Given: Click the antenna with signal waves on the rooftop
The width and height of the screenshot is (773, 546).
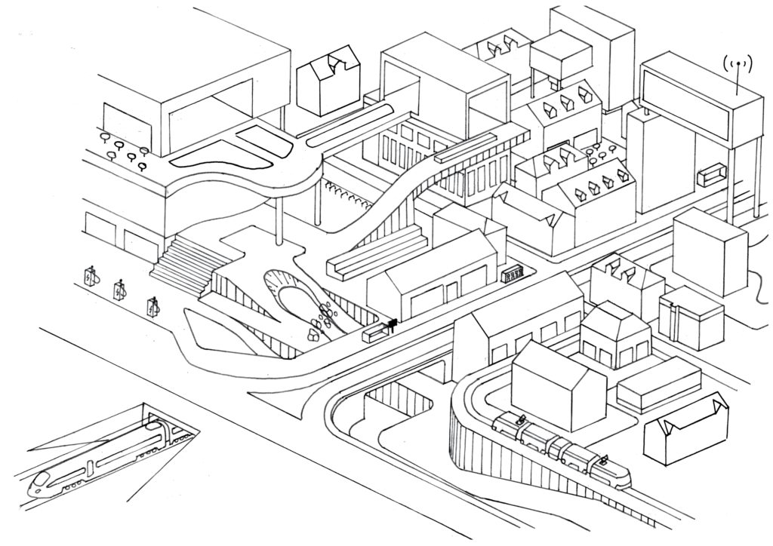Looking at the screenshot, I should click(x=738, y=69).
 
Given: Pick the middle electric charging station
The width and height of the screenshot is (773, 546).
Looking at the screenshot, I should click(x=120, y=290).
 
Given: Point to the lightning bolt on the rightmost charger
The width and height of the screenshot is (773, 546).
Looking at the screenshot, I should click(x=153, y=308).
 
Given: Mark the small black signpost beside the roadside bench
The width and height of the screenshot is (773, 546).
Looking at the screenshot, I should click(x=392, y=325).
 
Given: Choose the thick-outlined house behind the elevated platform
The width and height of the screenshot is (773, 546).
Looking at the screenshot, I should click(x=328, y=78).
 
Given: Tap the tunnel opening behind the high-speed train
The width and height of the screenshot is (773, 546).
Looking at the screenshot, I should click(x=174, y=426).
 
